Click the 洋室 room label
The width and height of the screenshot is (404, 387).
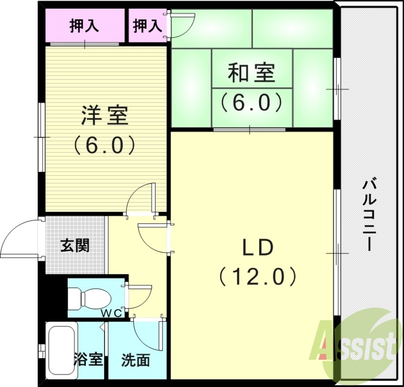[x=105, y=116]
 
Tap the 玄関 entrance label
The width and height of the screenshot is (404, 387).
[x=75, y=246]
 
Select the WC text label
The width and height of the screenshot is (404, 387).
[x=113, y=313]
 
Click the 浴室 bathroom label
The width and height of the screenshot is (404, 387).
[x=89, y=360]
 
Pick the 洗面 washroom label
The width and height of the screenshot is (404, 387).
[x=135, y=360]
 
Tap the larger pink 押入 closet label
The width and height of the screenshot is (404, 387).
[x=83, y=25]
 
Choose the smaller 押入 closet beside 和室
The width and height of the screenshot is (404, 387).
[x=146, y=26]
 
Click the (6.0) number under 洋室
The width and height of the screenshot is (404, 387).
[x=105, y=146]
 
